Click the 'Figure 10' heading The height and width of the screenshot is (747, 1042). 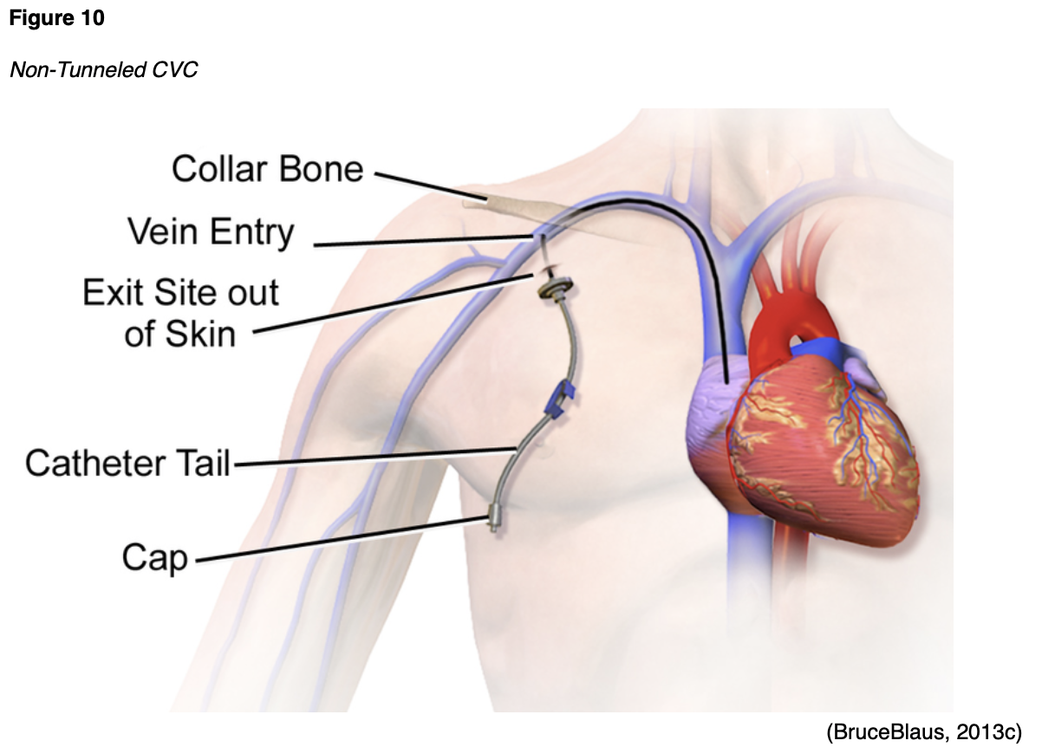57,18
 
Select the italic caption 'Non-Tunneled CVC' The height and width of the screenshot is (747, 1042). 103,69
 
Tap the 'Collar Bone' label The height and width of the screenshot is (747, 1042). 267,168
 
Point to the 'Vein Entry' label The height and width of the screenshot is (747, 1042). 211,232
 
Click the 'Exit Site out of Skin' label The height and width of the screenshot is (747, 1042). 180,313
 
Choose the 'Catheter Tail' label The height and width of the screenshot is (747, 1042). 127,463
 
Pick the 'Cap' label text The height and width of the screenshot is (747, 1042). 154,557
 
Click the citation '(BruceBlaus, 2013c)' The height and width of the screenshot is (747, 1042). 924,731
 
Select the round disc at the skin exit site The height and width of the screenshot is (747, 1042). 551,286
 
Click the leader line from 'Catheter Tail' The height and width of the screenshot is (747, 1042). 373,456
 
